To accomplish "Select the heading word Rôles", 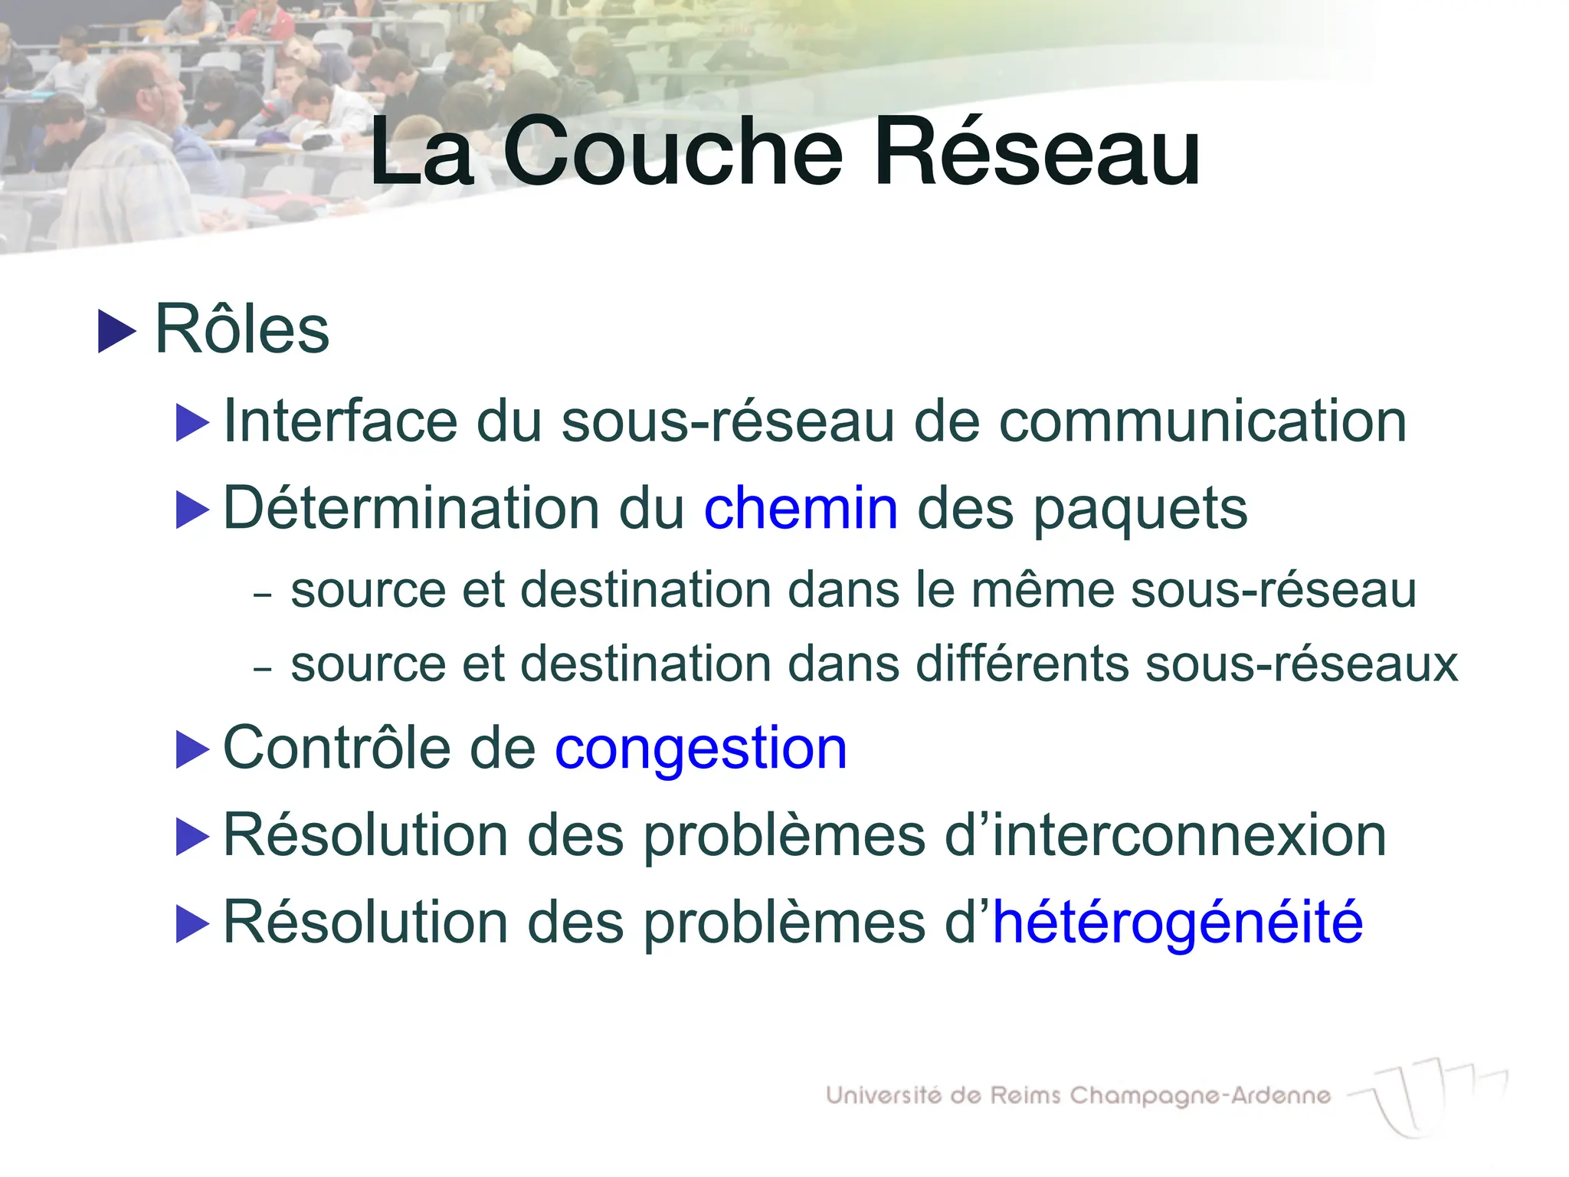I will click(x=242, y=330).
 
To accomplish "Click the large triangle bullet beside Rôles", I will click(x=116, y=331).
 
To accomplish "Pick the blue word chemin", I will click(x=801, y=508).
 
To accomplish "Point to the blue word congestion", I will click(x=701, y=748).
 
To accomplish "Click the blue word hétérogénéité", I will click(x=1178, y=922).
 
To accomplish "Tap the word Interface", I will click(x=340, y=421).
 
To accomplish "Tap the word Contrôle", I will click(x=336, y=748).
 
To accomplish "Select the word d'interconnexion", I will click(x=1165, y=835).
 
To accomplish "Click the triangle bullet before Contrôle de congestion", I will click(x=192, y=749).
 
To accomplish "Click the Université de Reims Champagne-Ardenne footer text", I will click(x=1078, y=1096).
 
